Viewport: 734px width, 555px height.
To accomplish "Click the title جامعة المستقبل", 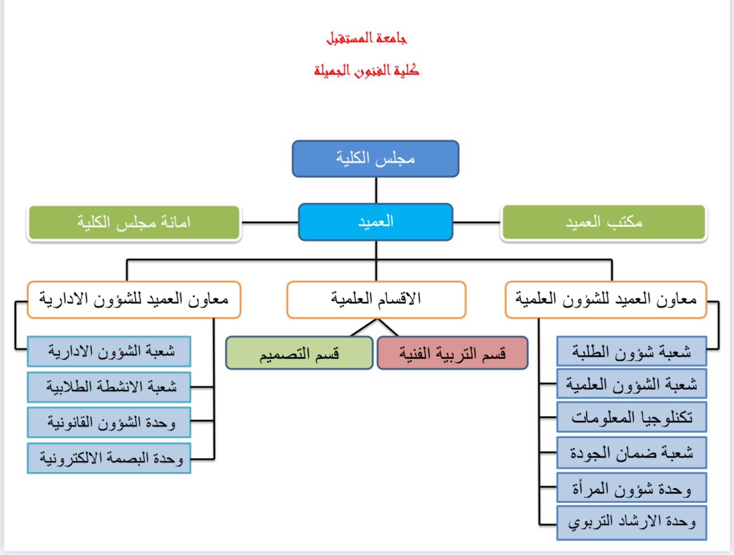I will pos(366,38).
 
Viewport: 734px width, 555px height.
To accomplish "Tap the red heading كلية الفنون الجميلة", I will pos(366,71).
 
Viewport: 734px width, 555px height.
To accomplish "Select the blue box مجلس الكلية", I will pos(376,158).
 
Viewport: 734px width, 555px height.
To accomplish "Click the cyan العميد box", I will pos(376,222).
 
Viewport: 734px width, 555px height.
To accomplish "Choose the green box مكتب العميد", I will pos(603,222).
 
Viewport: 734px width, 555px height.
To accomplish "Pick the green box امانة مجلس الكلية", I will pos(134,222).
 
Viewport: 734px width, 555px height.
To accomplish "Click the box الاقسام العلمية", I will pos(376,299).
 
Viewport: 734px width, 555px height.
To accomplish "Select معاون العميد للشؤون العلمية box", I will pos(606,299).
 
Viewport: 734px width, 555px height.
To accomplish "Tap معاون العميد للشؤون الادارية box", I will pos(134,299).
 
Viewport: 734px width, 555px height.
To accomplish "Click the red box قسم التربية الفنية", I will pos(452,353).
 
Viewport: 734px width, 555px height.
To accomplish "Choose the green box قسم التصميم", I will pos(299,353).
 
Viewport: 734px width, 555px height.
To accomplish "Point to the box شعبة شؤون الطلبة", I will pos(631,352).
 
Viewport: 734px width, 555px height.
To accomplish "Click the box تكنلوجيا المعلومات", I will pos(631,417).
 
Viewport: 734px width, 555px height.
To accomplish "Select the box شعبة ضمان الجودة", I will pos(631,453).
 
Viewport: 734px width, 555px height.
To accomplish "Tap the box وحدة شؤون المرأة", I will pos(631,488).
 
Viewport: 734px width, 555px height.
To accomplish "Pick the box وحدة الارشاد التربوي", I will pos(631,522).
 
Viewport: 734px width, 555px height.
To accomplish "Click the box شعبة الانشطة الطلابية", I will pos(109,387).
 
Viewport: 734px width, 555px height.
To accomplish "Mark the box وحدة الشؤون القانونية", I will pos(109,422).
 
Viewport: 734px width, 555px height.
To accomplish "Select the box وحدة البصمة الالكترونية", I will pos(109,458).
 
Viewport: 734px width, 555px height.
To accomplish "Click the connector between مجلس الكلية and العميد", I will pos(376,190).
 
